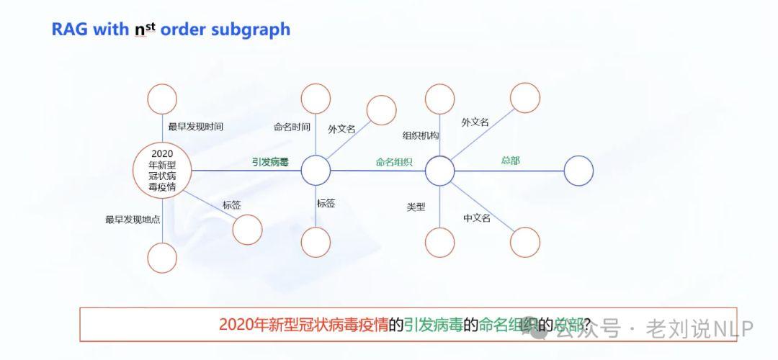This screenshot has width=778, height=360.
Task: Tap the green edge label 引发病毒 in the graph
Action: coord(270,162)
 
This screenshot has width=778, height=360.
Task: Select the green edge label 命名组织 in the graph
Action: coord(394,162)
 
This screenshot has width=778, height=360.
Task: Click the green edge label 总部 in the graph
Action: coord(510,161)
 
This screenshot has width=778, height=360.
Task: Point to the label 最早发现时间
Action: coord(195,126)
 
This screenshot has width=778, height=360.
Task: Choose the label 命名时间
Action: coord(292,127)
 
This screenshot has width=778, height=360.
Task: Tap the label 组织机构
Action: coord(421,135)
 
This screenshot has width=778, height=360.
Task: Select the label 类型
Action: coord(416,207)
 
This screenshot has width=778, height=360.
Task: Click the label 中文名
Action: coord(476,218)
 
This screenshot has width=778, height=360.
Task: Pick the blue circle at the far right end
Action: coord(578,171)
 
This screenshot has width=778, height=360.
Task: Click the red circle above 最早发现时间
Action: coord(162,99)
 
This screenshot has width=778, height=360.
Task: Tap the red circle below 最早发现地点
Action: coord(162,258)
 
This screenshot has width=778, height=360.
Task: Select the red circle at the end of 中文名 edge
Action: coord(524,242)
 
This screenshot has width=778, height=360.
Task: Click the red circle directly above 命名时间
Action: coord(316,99)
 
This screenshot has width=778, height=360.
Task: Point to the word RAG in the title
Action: coord(69,30)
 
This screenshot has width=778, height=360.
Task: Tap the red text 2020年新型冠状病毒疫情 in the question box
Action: coord(303,325)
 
